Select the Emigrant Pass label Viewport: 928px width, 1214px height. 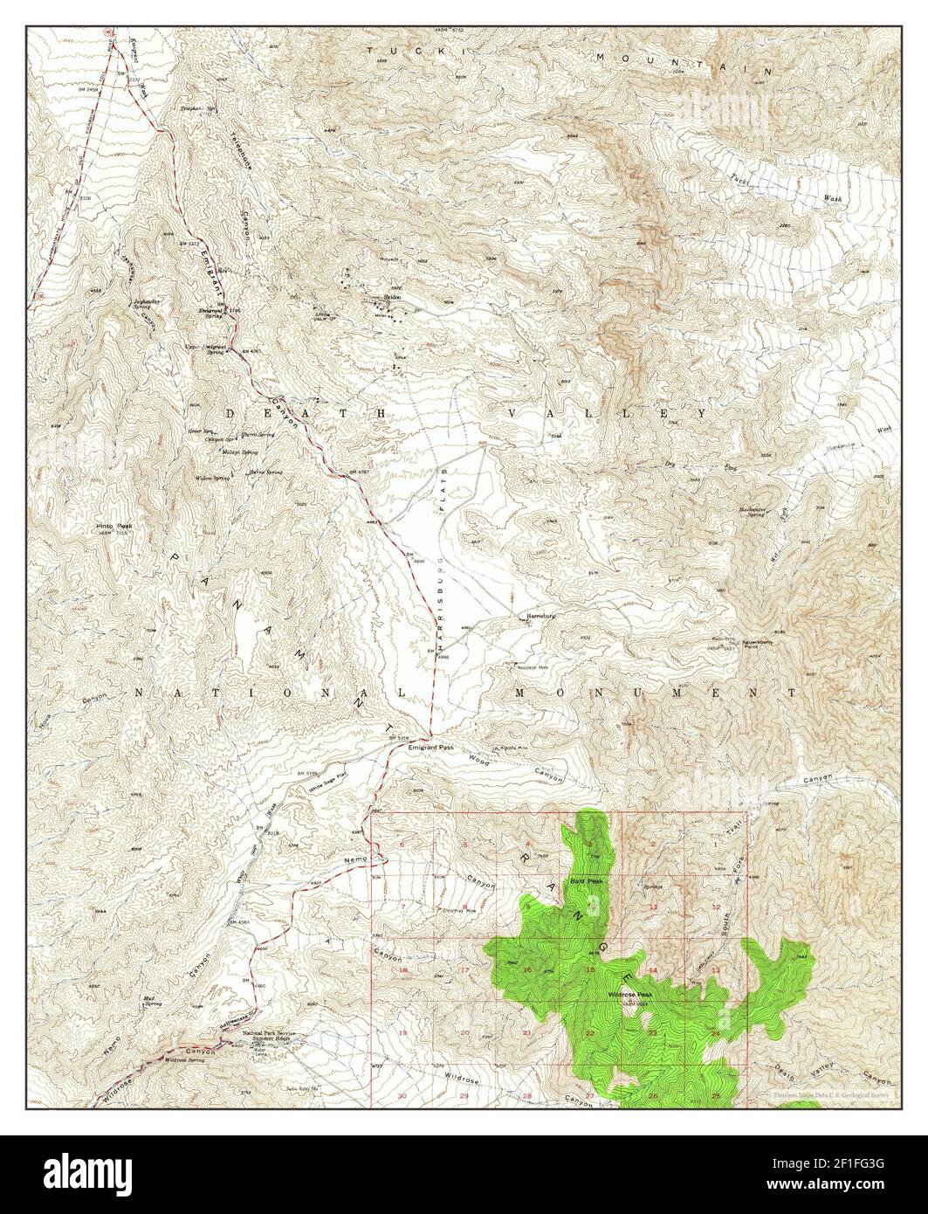coord(429,748)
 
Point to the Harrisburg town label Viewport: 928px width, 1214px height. coord(541,617)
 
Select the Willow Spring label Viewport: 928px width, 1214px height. coord(212,479)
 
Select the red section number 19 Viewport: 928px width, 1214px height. coord(402,1033)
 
